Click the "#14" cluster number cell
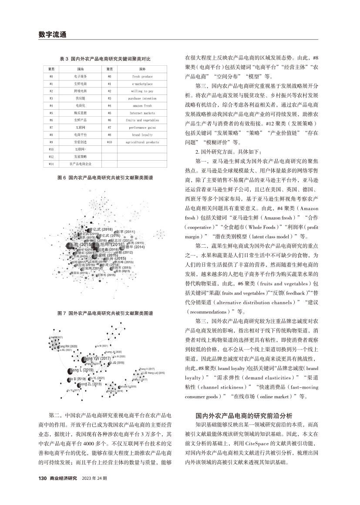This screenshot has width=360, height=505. coord(51,164)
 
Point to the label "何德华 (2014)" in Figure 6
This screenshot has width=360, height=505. coord(134,247)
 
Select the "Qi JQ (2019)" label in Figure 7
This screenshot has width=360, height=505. coord(117,363)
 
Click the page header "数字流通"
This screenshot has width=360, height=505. coord(52,34)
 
